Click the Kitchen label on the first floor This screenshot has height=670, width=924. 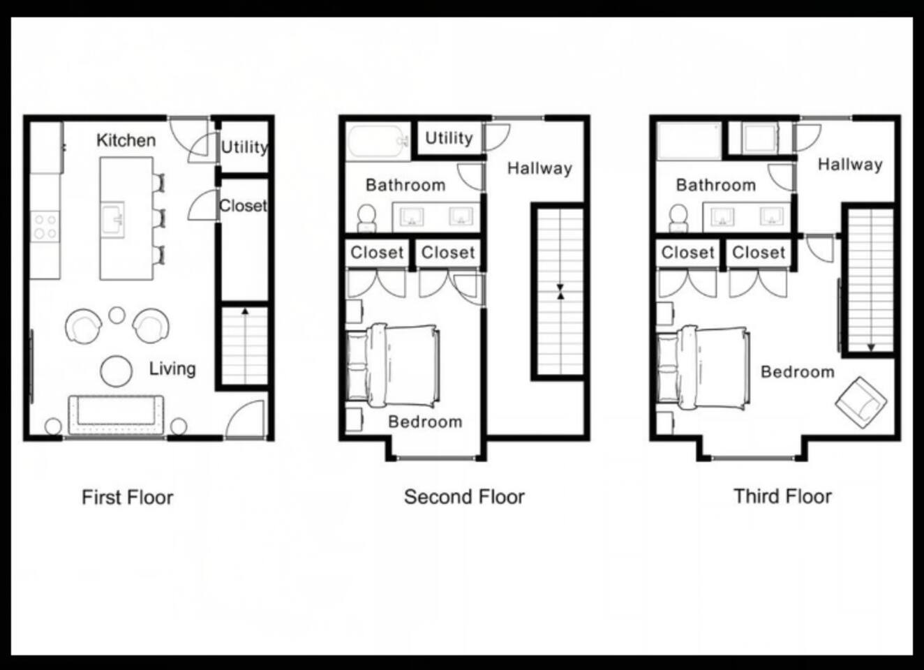(x=126, y=141)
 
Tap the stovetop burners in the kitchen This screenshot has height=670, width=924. (x=45, y=227)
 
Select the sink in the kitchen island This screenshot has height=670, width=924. (x=114, y=219)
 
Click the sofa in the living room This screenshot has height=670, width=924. (x=116, y=415)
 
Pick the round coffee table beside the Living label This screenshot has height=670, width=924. (x=117, y=371)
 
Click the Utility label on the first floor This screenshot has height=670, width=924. (x=245, y=147)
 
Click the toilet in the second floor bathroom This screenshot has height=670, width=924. (x=366, y=218)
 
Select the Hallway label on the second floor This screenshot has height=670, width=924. (x=539, y=168)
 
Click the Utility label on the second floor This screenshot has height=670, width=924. (x=449, y=138)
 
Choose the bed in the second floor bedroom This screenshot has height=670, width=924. (x=392, y=365)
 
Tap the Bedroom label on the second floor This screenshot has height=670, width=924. (x=425, y=422)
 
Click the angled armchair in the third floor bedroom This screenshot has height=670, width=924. (x=861, y=402)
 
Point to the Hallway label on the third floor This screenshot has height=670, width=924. (x=850, y=165)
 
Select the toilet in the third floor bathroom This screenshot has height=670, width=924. (x=678, y=218)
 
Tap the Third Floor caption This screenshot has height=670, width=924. (x=783, y=496)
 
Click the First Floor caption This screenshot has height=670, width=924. (x=128, y=497)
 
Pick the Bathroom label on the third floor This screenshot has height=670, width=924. (x=716, y=185)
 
